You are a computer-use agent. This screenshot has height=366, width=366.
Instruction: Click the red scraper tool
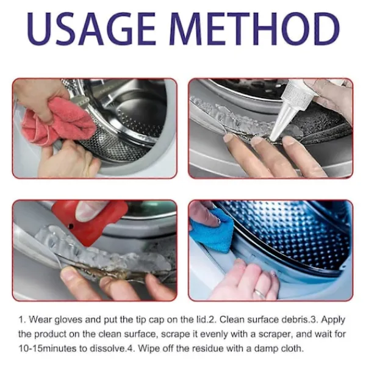(x=90, y=221)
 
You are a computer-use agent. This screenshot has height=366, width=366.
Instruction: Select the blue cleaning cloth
(x=212, y=230)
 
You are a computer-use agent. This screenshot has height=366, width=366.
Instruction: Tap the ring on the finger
(x=260, y=293)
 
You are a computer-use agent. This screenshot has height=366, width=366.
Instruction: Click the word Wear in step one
(x=40, y=320)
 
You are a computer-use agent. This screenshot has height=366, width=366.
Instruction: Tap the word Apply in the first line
(x=333, y=320)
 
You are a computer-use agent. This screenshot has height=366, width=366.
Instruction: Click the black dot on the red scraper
(x=71, y=226)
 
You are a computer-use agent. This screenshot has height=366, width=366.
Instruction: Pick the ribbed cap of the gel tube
(x=297, y=94)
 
